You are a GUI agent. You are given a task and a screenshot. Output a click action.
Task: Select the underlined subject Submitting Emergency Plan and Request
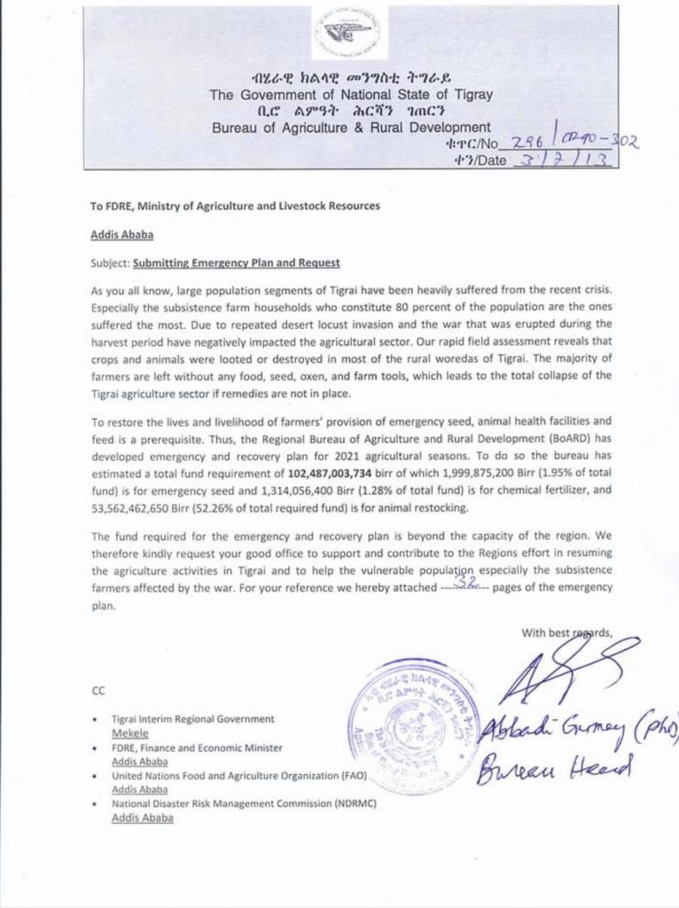(237, 264)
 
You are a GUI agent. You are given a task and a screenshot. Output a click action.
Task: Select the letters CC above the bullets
(98, 688)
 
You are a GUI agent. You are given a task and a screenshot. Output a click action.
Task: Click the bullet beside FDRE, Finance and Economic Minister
(95, 748)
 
